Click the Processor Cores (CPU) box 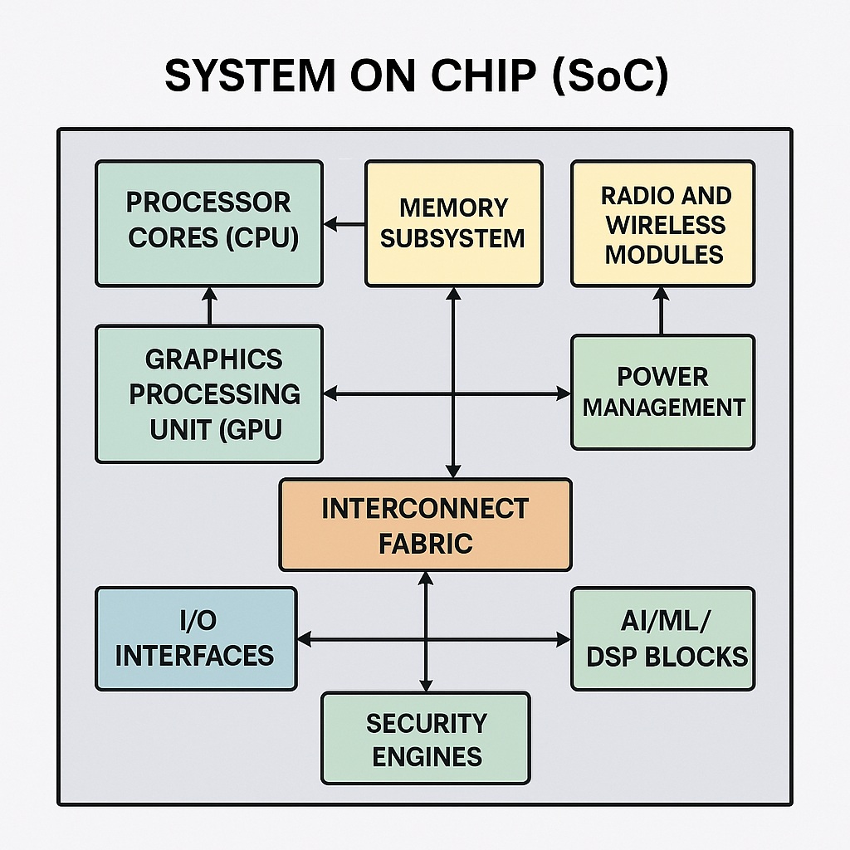coord(208,223)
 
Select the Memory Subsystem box coord(453,223)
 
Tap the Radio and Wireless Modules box coord(663,224)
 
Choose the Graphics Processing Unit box coord(208,393)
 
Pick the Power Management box coord(663,392)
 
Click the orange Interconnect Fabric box coord(425,525)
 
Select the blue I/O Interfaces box coord(196,638)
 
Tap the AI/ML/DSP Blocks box coord(663,638)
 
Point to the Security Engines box coord(425,739)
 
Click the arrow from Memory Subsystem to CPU coord(344,224)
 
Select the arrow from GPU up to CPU coord(209,305)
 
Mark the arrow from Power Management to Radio coord(662,310)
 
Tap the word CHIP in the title coord(486,76)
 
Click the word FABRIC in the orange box coord(425,544)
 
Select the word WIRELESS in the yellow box coord(665,225)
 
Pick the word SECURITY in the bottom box coord(426,723)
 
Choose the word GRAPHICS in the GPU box coord(213,359)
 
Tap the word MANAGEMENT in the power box coord(663,408)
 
